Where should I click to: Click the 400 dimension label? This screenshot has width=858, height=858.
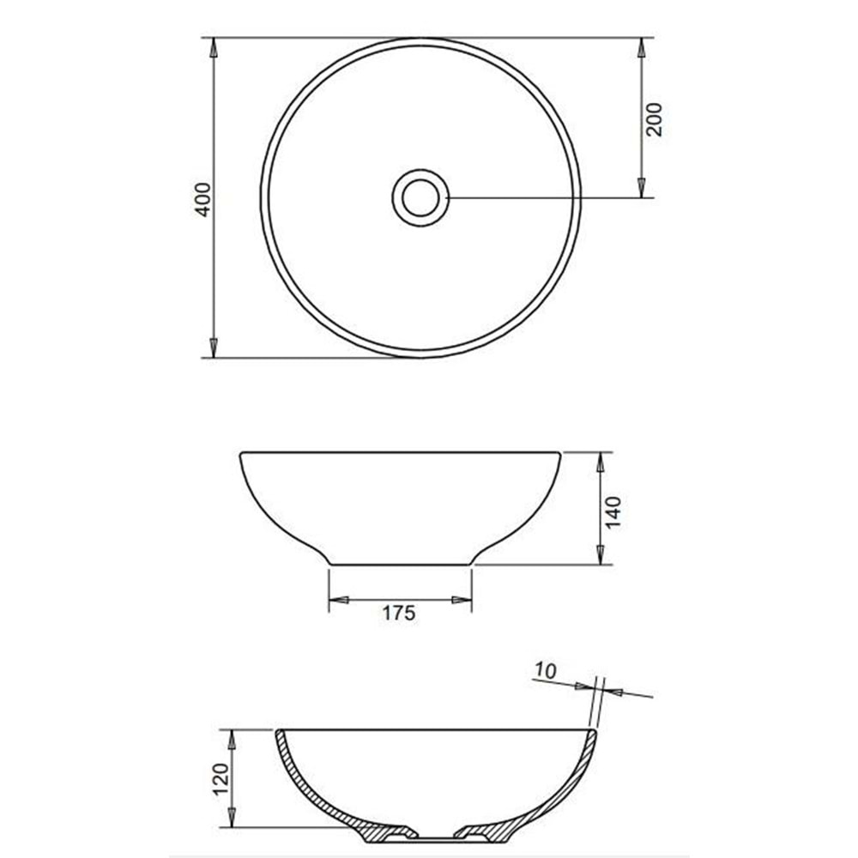click(x=202, y=198)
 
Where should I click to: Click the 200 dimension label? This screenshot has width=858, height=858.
click(x=655, y=118)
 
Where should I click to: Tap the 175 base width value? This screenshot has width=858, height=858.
click(x=400, y=613)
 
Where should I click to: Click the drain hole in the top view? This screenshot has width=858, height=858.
click(x=420, y=197)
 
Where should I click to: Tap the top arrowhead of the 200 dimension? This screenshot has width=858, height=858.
click(x=642, y=47)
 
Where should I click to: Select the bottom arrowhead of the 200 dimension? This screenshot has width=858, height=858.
click(x=642, y=188)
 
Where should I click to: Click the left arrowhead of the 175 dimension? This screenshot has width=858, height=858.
click(x=339, y=600)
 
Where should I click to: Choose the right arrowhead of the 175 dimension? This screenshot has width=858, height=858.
click(x=462, y=600)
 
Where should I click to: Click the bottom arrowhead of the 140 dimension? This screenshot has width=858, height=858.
click(x=600, y=555)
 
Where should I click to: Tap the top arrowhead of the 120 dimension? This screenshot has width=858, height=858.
click(x=232, y=740)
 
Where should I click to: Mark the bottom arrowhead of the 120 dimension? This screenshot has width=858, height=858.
click(x=232, y=818)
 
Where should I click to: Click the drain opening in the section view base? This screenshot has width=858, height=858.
click(x=435, y=834)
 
